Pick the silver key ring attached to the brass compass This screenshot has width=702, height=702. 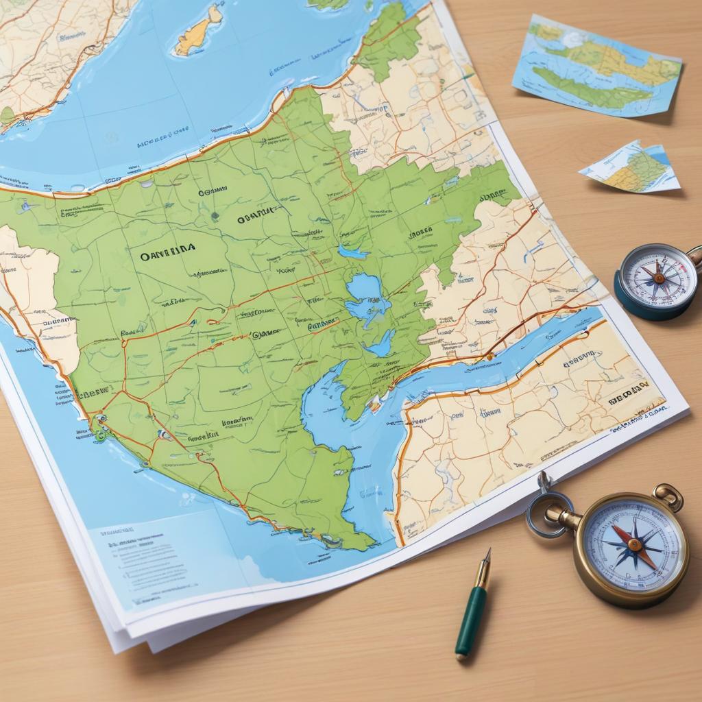(x=546, y=508)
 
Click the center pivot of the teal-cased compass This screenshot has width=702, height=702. (x=658, y=278)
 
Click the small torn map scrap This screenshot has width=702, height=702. (x=633, y=167)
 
